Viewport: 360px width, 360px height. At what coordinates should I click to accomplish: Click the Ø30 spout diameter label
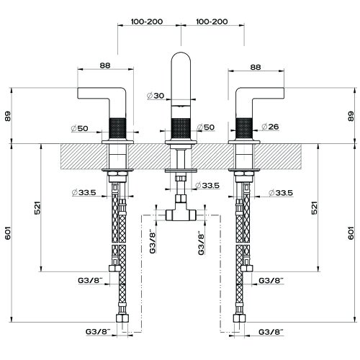point(156,96)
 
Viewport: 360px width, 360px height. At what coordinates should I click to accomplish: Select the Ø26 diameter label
point(270,127)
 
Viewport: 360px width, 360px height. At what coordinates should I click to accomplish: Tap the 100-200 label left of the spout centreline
point(147,22)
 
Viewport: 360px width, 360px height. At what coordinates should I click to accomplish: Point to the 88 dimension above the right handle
point(256,67)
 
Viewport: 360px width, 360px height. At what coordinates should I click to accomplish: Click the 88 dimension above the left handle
point(105,66)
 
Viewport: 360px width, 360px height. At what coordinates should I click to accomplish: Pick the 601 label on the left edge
point(8,233)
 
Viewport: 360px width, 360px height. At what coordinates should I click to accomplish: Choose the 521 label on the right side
point(314,208)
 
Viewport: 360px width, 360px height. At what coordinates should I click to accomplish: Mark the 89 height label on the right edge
point(351,116)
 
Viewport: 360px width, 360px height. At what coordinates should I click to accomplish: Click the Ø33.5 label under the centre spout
point(207,185)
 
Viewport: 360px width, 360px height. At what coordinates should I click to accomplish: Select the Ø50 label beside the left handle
point(80,128)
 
